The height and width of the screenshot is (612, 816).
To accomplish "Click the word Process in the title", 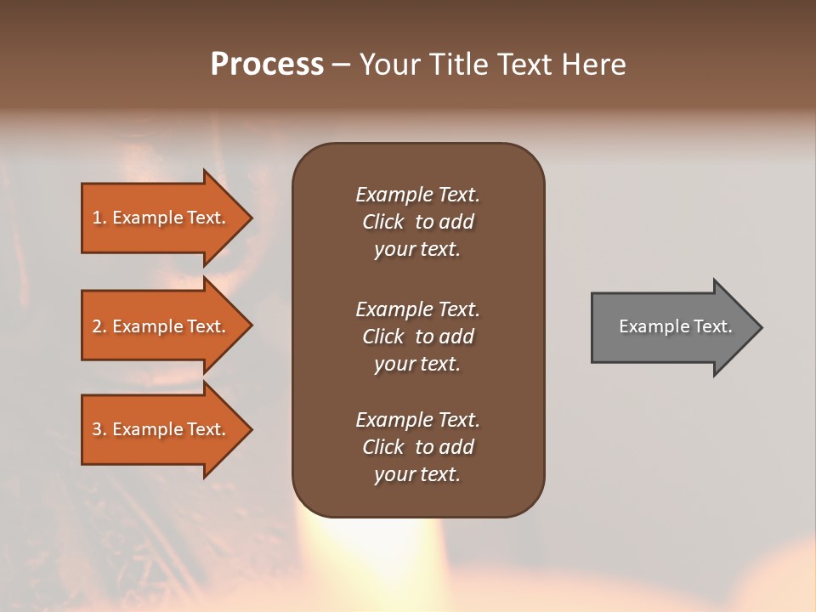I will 267,65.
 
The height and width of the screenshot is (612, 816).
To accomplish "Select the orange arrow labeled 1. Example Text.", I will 161,218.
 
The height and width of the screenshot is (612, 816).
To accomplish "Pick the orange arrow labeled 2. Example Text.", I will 161,326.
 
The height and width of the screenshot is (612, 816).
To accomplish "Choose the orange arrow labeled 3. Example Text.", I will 161,429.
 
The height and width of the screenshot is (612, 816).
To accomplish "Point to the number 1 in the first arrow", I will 97,218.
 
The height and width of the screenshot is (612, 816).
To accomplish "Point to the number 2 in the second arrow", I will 97,326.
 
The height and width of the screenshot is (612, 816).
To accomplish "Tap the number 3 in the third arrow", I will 97,429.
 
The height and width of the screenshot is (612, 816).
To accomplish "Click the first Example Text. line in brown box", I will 417,195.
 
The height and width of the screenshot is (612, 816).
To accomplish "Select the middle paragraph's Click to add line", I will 417,337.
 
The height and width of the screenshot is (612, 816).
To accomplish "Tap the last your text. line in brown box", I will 417,474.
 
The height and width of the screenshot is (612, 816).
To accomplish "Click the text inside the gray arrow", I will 675,326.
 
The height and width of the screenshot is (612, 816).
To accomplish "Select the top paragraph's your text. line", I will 417,250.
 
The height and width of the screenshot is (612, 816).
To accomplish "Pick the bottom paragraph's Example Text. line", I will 417,420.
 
